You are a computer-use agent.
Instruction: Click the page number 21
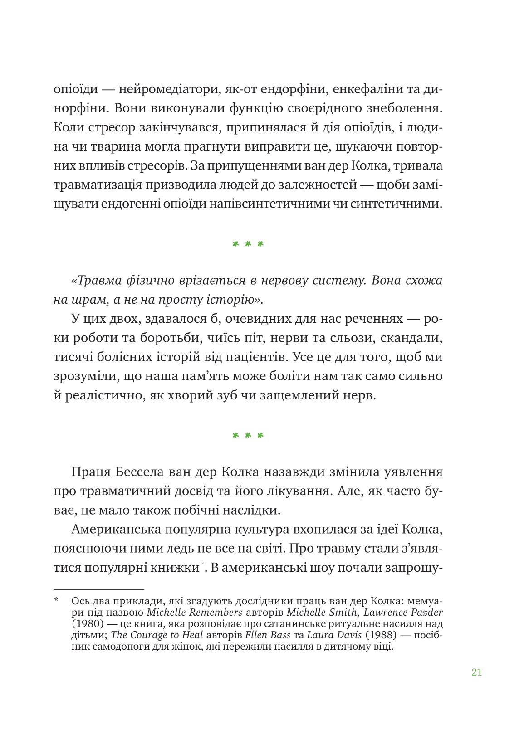pyautogui.click(x=476, y=672)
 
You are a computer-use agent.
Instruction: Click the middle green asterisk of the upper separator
pyautogui.click(x=248, y=244)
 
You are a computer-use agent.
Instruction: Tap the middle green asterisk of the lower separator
pyautogui.click(x=248, y=435)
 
